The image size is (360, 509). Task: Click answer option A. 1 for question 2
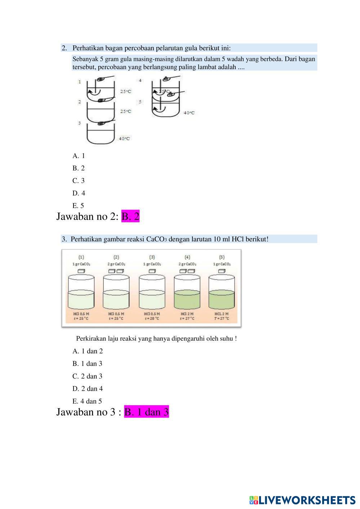79,156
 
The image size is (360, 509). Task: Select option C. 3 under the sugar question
79,181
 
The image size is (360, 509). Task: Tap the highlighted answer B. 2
130,216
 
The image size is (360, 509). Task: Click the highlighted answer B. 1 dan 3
146,412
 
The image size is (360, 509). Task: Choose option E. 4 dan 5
87,401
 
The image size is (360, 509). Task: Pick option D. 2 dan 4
88,389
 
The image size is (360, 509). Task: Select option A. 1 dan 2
88,351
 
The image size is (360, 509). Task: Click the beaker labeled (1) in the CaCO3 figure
81,292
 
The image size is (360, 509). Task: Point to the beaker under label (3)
152,292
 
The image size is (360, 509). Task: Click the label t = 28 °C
152,319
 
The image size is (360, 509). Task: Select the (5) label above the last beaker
222,257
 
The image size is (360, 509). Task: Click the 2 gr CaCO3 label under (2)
116,264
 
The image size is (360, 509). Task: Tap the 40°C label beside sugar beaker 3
124,139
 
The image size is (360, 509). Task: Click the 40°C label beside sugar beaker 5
189,113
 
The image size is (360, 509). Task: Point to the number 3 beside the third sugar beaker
80,123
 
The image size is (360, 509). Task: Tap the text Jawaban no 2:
87,216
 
